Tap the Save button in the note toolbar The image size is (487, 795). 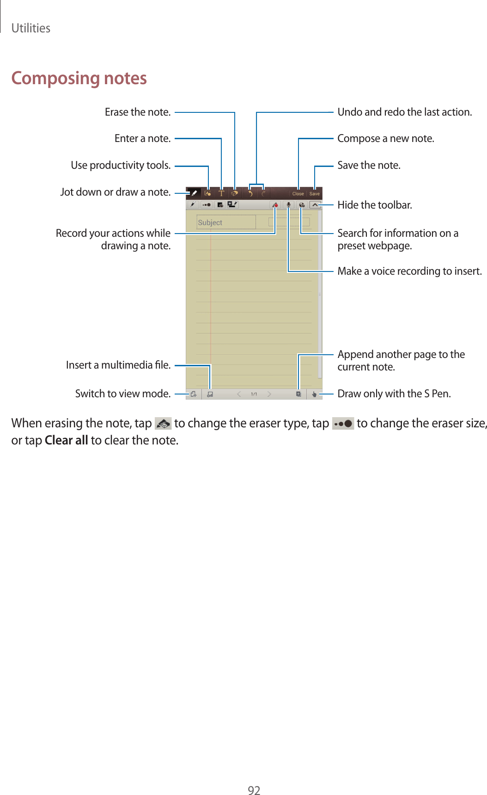pos(315,193)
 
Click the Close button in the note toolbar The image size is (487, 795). pos(298,193)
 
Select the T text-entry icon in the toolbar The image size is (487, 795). pos(221,193)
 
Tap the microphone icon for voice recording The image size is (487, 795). pos(288,204)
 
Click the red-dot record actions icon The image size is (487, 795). pos(275,204)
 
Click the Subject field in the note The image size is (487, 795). pos(226,222)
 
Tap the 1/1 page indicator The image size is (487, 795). pos(254,394)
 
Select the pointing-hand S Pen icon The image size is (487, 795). pos(314,394)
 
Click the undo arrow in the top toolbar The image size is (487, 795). pos(250,193)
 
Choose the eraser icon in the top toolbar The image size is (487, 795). pos(235,193)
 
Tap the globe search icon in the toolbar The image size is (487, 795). pos(301,204)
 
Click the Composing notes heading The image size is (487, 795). pos(79,78)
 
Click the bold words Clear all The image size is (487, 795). pos(66,440)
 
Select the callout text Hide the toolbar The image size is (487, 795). pos(374,205)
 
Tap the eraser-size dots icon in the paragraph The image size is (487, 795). pos(343,423)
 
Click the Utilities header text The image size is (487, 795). pos(30,28)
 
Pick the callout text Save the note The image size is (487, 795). pos(369,165)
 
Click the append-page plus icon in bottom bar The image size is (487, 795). pos(298,394)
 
